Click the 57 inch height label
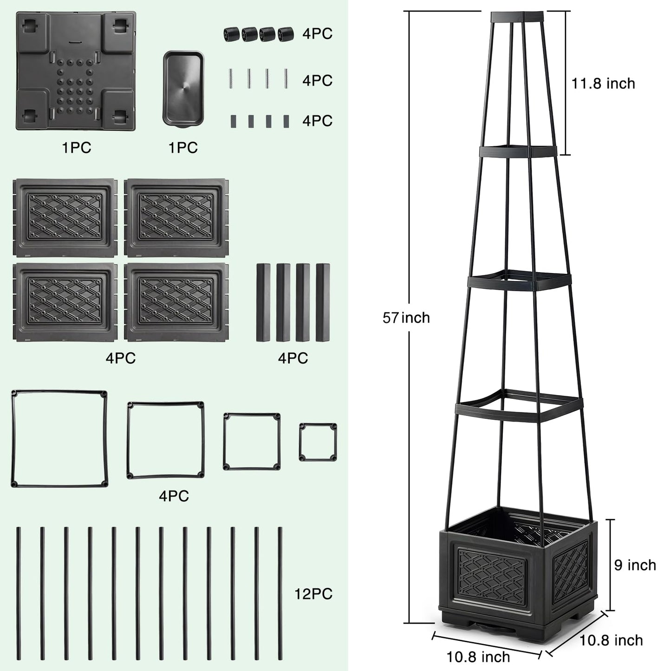point(406,318)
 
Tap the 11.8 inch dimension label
point(603,84)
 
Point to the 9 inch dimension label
point(635,565)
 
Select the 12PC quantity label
point(313,594)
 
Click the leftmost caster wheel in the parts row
point(232,34)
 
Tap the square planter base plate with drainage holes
point(76,71)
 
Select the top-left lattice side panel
point(65,218)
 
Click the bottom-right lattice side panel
point(176,301)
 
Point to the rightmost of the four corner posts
point(323,302)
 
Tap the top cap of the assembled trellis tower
point(517,17)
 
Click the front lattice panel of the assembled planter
point(491,577)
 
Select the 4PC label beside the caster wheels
point(317,34)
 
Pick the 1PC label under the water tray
point(183,148)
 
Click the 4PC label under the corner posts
point(293,358)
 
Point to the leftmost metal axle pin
point(231,78)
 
